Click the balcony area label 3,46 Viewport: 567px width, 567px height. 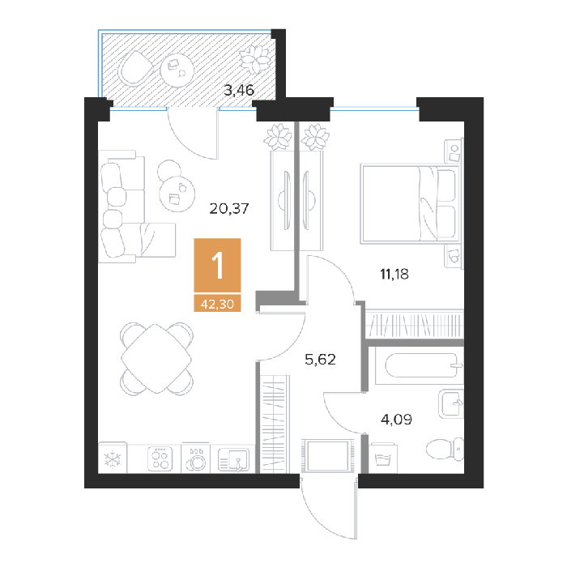239,91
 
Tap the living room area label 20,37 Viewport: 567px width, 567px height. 229,209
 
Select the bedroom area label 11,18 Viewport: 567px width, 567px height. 394,274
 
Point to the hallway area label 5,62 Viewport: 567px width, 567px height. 321,360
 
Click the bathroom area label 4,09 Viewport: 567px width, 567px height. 396,420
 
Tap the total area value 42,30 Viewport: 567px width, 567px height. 217,304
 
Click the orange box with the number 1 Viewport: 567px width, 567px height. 217,265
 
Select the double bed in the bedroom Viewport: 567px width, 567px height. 410,204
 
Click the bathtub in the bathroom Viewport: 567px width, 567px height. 420,365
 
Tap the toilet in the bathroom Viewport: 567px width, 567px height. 445,450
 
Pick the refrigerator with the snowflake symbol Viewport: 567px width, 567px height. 113,458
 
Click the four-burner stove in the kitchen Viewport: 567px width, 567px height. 160,459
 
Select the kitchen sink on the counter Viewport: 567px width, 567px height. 233,459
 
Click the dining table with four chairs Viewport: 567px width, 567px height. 156,358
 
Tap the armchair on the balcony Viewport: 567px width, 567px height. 135,68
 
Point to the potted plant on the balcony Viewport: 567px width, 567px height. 255,59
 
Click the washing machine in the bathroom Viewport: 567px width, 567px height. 383,458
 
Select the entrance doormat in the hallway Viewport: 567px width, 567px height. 327,455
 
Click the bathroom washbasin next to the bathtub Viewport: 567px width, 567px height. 451,403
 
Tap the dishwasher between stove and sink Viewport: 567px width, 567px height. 196,458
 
